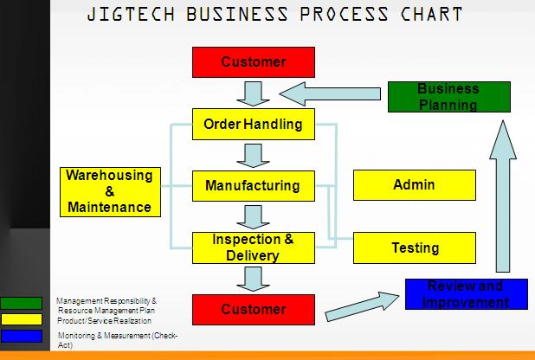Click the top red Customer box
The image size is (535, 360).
click(x=253, y=62)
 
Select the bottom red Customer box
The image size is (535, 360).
click(x=253, y=310)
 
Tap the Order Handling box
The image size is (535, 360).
click(x=253, y=125)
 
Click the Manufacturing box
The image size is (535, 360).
click(x=253, y=185)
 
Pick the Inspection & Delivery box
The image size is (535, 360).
click(x=253, y=247)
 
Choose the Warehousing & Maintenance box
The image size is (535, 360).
click(x=110, y=191)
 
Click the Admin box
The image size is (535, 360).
click(x=414, y=185)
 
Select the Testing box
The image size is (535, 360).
click(x=415, y=248)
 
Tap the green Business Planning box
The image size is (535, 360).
click(x=448, y=97)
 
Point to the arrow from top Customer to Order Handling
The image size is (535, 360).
click(x=253, y=93)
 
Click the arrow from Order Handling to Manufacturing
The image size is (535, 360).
click(x=253, y=155)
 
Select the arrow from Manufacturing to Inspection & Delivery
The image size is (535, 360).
click(x=253, y=216)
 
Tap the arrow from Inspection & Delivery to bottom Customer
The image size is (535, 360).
click(x=253, y=279)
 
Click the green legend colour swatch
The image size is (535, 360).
click(x=21, y=303)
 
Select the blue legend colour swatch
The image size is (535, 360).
click(x=21, y=336)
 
